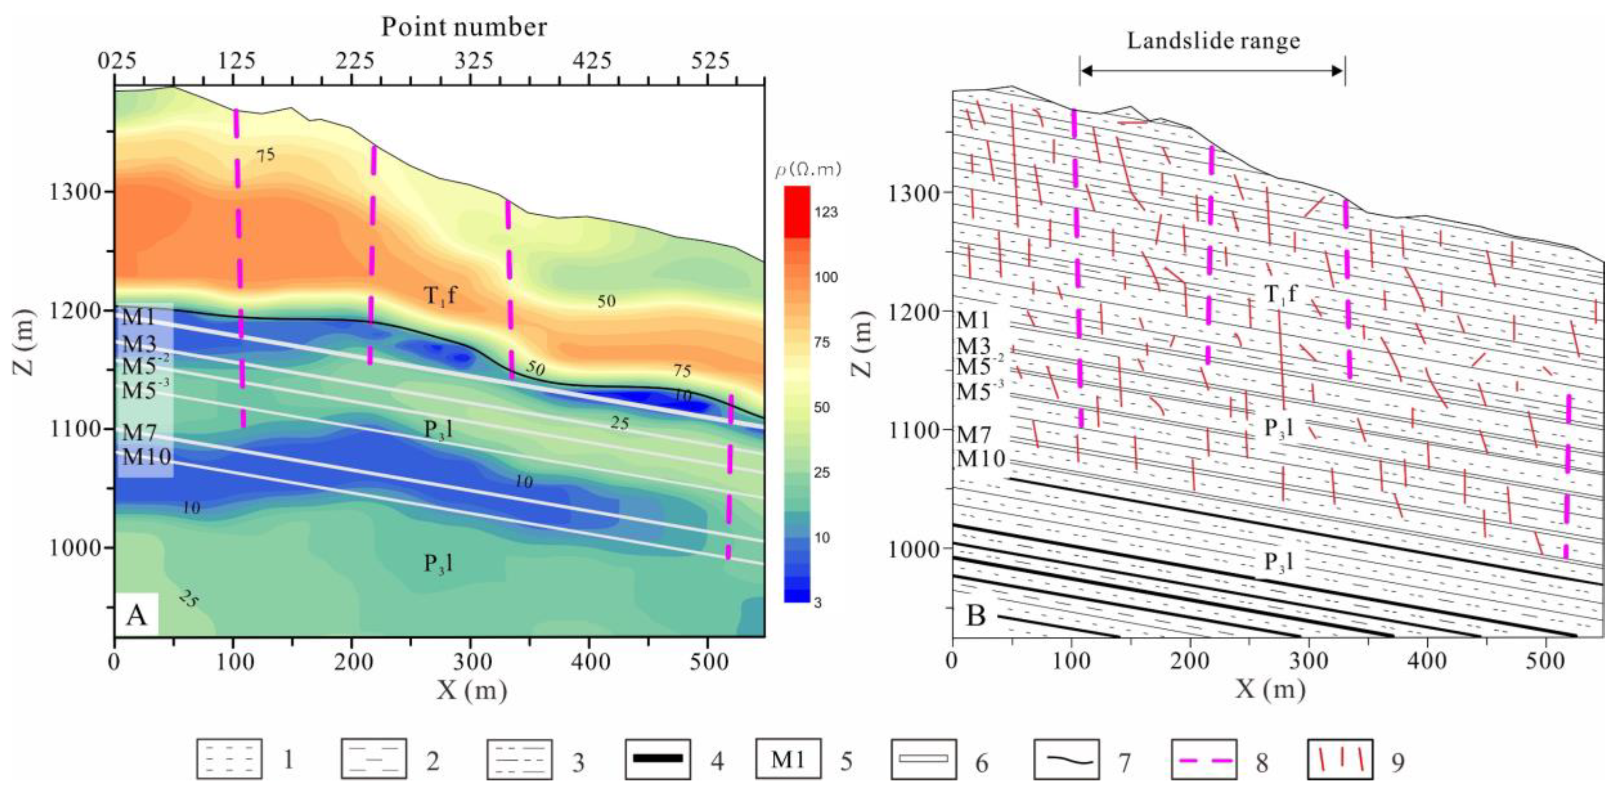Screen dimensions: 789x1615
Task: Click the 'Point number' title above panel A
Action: tap(464, 27)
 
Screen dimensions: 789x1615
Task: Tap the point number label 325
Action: tap(474, 61)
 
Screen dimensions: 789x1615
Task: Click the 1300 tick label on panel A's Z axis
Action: tap(75, 192)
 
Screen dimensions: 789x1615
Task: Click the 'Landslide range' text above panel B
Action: tap(1213, 41)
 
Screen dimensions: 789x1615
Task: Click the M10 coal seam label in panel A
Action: tap(146, 457)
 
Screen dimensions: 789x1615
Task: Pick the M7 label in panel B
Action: tap(973, 434)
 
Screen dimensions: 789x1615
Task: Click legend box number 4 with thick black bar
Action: tap(658, 759)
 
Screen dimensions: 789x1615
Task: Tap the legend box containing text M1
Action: tap(788, 759)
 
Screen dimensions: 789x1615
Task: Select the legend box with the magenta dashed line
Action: tap(1203, 759)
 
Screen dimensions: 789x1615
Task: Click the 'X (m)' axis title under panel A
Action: tap(472, 690)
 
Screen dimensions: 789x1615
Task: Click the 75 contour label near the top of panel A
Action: tap(265, 154)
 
